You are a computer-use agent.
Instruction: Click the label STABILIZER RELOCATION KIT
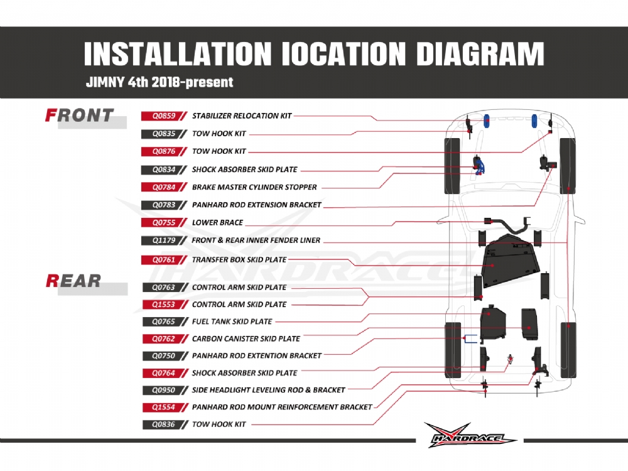click(242, 116)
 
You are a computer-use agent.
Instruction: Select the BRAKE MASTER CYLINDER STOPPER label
click(254, 187)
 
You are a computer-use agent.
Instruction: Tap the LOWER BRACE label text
click(217, 222)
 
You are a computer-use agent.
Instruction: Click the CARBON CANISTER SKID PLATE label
click(246, 338)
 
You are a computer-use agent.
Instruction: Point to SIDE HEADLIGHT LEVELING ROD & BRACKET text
click(268, 389)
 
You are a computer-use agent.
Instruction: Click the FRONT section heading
click(80, 116)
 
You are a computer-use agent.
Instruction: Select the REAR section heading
click(73, 281)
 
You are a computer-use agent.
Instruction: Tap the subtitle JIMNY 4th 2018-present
click(159, 82)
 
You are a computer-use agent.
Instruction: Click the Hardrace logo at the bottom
click(470, 435)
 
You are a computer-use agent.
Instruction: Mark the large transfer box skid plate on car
click(507, 264)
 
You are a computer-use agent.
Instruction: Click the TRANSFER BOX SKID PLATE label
click(239, 259)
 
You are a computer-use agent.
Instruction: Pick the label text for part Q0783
click(256, 205)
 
